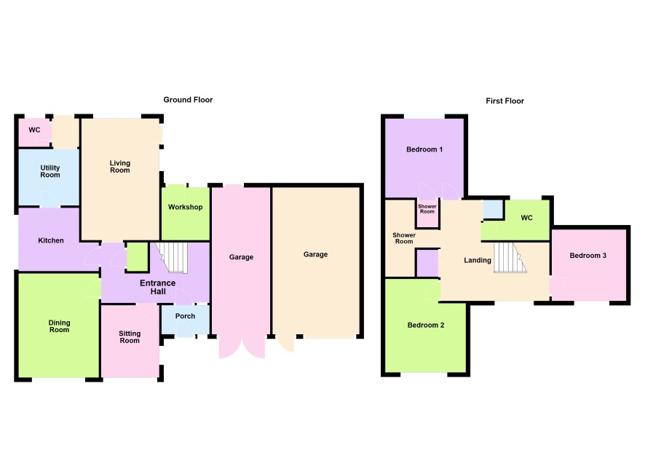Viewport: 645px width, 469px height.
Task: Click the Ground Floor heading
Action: pos(188,100)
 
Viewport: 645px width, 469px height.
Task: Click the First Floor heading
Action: pos(504,100)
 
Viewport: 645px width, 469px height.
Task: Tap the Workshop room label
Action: pos(185,207)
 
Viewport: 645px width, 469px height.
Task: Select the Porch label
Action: pos(185,316)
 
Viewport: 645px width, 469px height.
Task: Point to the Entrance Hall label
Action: pos(158,287)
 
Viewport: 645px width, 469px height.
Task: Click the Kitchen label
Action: pos(51,240)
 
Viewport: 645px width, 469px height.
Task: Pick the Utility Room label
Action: pos(50,171)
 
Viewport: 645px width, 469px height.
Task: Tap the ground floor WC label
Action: pos(34,130)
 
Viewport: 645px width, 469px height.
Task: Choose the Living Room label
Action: pos(119,167)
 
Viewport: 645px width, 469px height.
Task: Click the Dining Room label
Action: pos(59,326)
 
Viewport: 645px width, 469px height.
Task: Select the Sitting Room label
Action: pos(130,337)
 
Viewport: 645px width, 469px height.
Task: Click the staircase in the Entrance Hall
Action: pos(173,258)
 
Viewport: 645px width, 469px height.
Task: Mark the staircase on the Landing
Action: pos(510,258)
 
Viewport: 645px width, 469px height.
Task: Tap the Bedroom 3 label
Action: pos(587,256)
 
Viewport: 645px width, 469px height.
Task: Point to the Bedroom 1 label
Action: pos(424,149)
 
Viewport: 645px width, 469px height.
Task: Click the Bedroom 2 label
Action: pos(426,325)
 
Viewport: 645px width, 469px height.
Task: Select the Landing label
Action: pos(478,260)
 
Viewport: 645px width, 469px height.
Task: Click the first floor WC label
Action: pos(526,218)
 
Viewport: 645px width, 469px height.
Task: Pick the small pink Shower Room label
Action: pos(427,209)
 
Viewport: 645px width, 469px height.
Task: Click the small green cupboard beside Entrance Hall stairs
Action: pos(137,257)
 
